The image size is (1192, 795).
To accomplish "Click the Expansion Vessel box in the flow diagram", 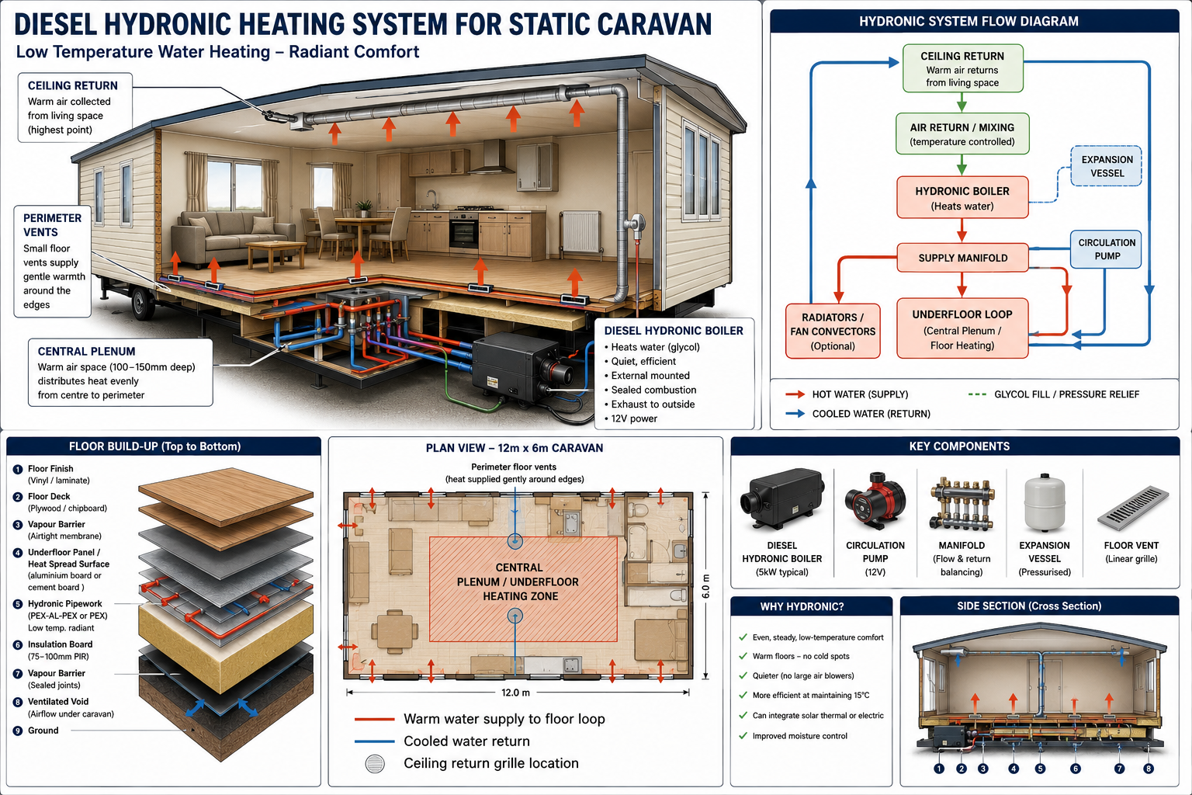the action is click(x=1107, y=166).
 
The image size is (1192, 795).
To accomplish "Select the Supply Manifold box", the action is click(x=962, y=258).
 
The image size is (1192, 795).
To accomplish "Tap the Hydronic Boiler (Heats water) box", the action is click(x=962, y=197).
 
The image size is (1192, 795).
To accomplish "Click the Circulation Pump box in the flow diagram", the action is click(x=1107, y=249).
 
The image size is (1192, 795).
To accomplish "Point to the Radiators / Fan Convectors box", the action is click(x=833, y=332).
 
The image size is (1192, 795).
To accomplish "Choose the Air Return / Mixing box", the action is click(x=962, y=134).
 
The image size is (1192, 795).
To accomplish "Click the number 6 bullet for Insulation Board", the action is click(x=18, y=645).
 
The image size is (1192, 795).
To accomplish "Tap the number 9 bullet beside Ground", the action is click(x=18, y=731).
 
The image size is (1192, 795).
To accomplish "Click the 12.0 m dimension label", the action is click(x=515, y=693).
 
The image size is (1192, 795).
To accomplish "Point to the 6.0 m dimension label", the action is click(x=705, y=586).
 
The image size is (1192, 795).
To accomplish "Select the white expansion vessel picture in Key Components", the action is click(x=1045, y=503).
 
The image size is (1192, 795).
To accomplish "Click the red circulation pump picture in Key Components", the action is click(x=875, y=501).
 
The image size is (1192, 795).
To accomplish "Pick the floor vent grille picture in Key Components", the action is click(x=1133, y=509).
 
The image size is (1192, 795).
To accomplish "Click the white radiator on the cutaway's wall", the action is click(x=581, y=231).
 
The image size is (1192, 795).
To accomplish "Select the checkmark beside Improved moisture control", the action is click(x=743, y=736).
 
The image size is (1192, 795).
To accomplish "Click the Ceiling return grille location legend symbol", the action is click(x=375, y=764).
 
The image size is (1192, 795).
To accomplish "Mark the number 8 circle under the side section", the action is click(x=1149, y=769).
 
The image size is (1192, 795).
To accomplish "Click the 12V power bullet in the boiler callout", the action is click(x=631, y=418).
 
